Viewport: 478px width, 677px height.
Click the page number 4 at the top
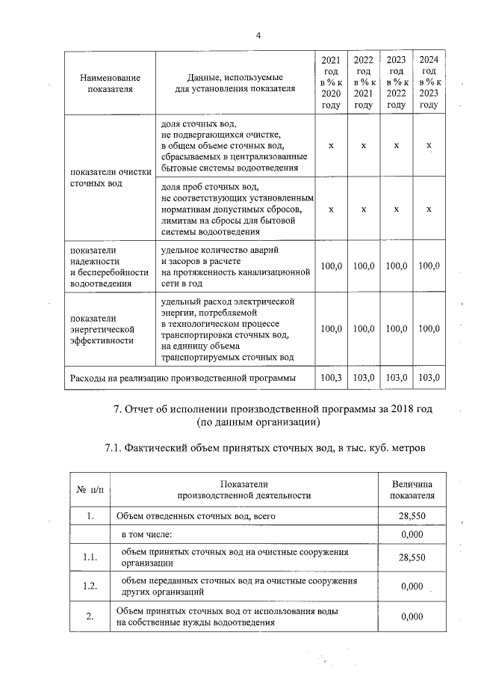point(258,35)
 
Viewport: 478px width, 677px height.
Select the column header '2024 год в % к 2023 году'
point(429,82)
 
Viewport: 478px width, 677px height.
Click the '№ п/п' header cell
point(90,489)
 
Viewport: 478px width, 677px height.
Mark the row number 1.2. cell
point(90,586)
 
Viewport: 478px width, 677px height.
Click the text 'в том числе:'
point(147,534)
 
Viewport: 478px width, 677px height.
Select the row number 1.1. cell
point(90,557)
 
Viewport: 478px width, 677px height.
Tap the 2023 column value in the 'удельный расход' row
point(396,328)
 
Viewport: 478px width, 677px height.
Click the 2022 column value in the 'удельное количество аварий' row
point(363,266)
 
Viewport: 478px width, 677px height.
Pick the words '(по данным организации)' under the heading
point(258,423)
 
